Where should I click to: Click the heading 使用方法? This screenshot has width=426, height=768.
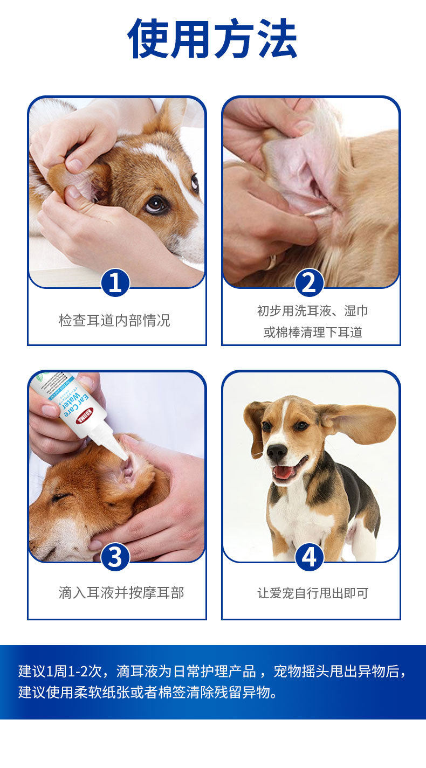tap(212, 38)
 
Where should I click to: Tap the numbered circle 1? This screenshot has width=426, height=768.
tap(115, 283)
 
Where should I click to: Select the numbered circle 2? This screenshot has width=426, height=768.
tap(310, 283)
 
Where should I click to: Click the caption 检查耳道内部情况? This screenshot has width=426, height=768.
tap(114, 320)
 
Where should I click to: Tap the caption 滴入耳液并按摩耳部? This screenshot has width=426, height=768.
tap(121, 592)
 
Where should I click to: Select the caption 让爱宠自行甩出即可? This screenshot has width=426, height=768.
tap(313, 593)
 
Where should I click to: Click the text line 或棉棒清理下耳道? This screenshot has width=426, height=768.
tap(313, 332)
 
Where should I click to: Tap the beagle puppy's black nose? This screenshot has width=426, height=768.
tap(277, 452)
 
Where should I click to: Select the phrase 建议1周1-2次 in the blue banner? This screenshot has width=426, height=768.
tap(60, 672)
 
